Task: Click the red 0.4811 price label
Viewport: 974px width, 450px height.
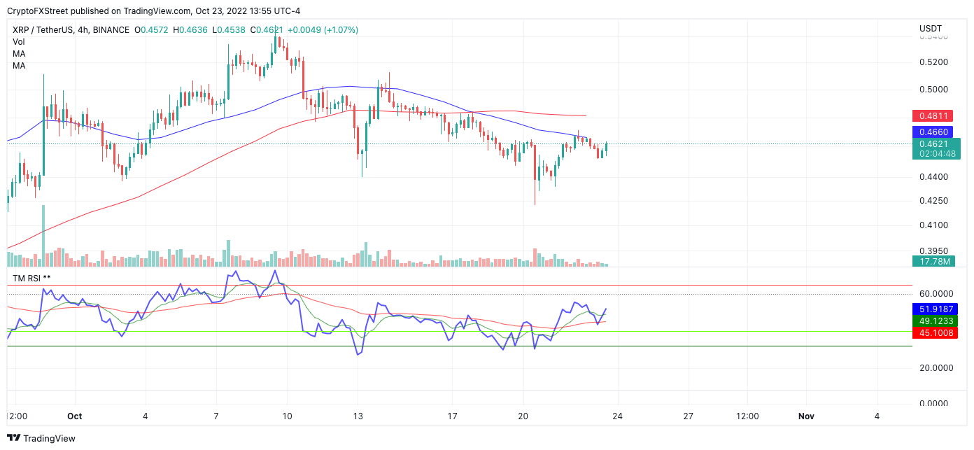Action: pos(936,115)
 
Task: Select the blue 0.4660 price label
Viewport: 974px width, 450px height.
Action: pos(936,132)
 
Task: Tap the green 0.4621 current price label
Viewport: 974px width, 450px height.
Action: pos(936,143)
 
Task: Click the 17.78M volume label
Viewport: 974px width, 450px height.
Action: pos(936,262)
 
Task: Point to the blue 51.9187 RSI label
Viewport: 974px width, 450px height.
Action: pos(936,309)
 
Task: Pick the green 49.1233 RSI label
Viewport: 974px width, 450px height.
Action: pos(936,321)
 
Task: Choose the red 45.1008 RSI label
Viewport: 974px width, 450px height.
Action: pos(936,332)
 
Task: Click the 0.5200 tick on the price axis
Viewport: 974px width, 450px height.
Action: pos(933,62)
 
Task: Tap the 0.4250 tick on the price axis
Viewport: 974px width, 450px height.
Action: pos(933,201)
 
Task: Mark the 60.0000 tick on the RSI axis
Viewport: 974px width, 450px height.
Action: pos(936,294)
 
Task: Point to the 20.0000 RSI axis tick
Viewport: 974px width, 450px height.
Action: pos(936,368)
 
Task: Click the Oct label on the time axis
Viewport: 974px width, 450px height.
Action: pos(75,416)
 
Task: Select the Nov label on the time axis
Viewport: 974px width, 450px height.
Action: pos(806,416)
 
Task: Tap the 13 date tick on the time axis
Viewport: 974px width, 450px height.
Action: pos(358,416)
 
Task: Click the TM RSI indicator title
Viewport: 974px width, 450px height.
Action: pos(31,279)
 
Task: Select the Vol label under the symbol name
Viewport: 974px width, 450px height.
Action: pos(19,42)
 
